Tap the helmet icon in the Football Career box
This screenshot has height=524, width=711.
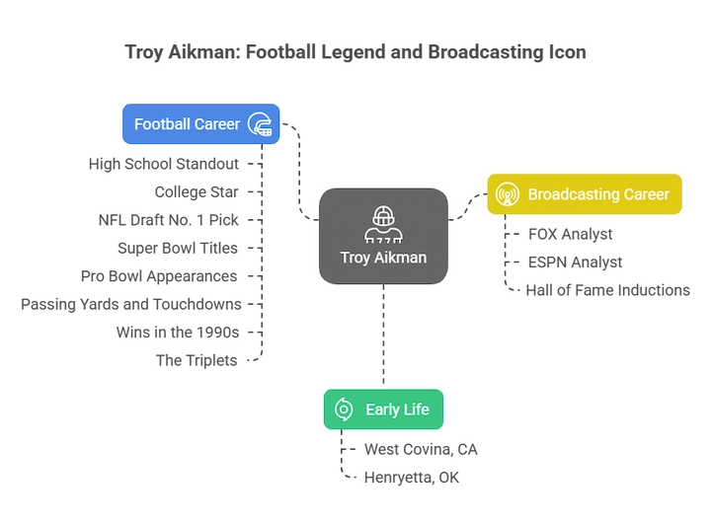click(260, 124)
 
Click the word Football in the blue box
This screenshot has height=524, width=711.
click(162, 124)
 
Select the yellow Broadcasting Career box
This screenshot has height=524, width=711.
click(583, 193)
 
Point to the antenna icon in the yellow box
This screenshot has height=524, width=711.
click(507, 194)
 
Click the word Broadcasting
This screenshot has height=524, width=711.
click(572, 194)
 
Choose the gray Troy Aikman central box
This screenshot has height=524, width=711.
click(382, 238)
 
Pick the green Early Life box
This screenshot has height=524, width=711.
click(383, 409)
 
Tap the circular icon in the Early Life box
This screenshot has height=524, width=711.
click(345, 410)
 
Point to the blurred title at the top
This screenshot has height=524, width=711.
click(355, 49)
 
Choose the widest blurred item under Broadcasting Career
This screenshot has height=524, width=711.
click(600, 290)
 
